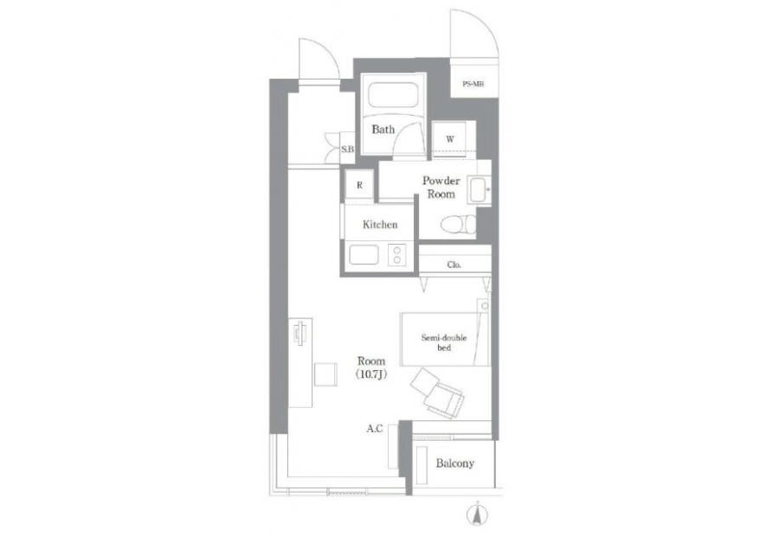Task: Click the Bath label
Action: point(383,130)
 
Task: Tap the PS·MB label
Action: point(473,84)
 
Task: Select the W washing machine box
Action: point(449,139)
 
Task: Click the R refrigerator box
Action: point(359,185)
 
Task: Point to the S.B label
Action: point(347,148)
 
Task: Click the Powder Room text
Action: point(441,187)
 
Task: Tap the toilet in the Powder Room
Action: point(458,224)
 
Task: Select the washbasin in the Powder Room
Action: point(479,190)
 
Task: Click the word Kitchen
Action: point(380,225)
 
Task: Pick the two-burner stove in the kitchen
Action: point(397,255)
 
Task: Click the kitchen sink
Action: point(364,255)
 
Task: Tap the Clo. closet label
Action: point(454,265)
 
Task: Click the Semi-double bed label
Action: point(444,342)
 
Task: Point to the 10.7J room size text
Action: point(371,374)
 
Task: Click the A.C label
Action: point(375,428)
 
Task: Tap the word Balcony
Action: point(455,463)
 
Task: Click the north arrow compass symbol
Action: point(477,514)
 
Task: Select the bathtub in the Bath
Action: point(393,94)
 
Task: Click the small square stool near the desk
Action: point(326,374)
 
